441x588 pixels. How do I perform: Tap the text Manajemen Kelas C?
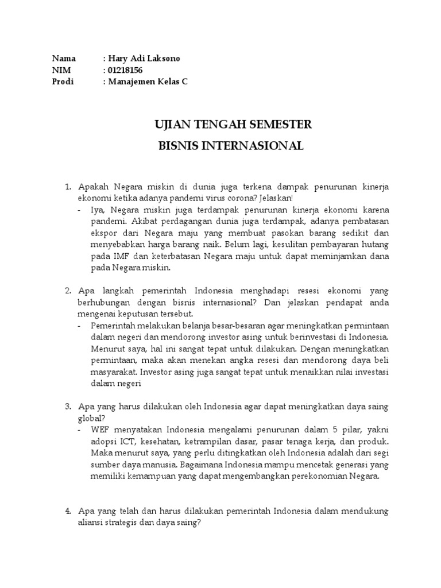coord(147,82)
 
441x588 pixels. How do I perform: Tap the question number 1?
coord(67,187)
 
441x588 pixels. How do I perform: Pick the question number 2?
coord(67,291)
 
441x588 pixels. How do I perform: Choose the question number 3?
coord(67,407)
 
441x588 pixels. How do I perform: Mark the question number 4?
coord(67,510)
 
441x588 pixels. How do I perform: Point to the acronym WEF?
coord(100,430)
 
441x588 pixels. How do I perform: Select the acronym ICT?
coord(130,442)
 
